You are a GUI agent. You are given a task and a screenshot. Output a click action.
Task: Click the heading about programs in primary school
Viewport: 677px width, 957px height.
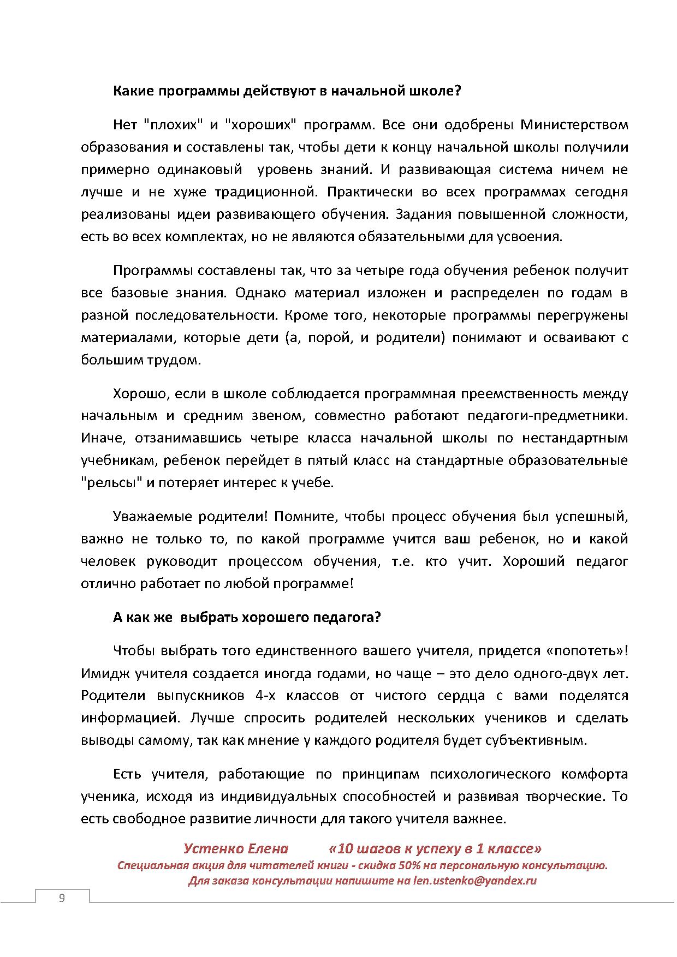[287, 91]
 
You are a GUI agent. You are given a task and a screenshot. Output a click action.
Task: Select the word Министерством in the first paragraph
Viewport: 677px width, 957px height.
[574, 125]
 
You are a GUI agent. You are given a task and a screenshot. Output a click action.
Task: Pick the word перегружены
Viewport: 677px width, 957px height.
[583, 315]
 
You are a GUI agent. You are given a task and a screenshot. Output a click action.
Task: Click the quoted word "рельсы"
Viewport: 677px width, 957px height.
[112, 483]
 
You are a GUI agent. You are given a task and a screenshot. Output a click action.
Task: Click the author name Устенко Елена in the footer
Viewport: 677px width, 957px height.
[235, 849]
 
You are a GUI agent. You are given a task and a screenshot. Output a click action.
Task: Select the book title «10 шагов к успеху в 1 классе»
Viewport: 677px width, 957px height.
[435, 849]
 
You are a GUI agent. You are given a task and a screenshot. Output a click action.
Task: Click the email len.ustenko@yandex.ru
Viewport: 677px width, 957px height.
[475, 881]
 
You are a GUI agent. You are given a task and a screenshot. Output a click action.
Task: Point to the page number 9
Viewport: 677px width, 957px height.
[62, 898]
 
